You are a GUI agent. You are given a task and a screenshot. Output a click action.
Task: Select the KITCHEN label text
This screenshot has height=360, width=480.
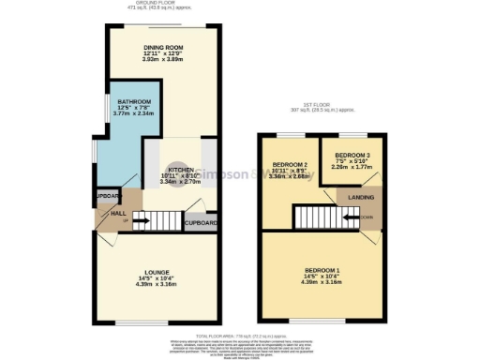[x=181, y=170]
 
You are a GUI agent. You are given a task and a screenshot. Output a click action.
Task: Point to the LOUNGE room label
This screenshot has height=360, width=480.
[x=156, y=272]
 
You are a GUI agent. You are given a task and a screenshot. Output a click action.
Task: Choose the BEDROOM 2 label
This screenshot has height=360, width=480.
[x=290, y=164]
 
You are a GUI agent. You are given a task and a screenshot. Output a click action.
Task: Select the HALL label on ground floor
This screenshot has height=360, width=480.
[x=104, y=214]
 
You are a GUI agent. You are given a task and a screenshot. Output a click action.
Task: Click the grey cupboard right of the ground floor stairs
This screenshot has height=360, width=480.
[x=202, y=223]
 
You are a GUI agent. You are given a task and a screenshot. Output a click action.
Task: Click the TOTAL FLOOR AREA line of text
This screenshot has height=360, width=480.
[x=240, y=335]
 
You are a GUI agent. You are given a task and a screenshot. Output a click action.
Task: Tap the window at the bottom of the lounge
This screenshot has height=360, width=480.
[x=156, y=323]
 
